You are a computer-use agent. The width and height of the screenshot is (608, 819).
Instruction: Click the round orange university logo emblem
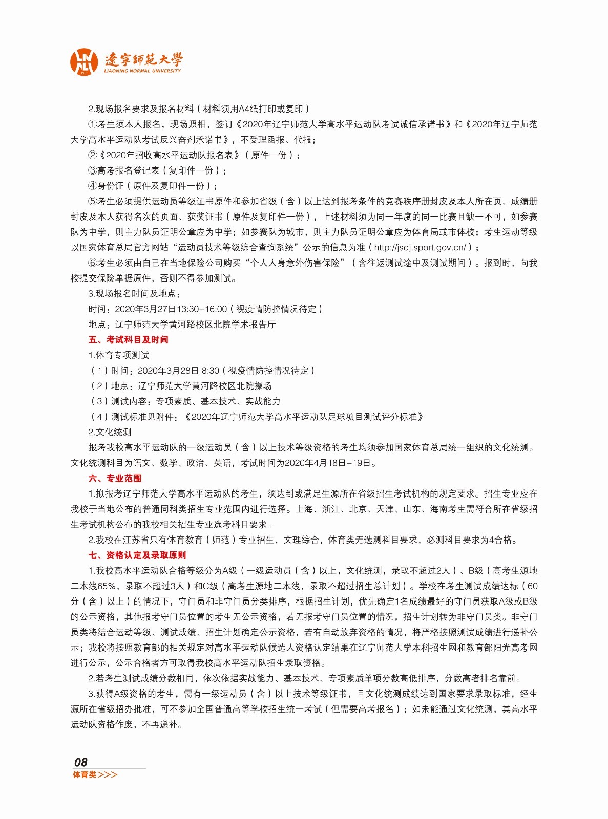tap(83, 62)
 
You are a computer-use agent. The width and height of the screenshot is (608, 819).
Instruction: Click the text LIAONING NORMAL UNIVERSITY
tap(142, 71)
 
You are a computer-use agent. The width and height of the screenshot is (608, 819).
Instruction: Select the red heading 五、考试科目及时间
tap(128, 340)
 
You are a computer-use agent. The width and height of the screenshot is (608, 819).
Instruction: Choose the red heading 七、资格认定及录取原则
tap(137, 555)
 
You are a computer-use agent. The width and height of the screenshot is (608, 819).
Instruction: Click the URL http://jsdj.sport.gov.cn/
tap(420, 248)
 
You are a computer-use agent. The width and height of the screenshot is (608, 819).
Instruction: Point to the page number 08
tap(80, 762)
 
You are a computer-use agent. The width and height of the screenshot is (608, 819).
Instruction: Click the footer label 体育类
tap(85, 775)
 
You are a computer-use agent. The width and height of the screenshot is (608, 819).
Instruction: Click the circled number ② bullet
tap(92, 155)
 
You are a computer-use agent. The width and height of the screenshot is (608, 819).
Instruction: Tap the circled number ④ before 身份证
tap(92, 186)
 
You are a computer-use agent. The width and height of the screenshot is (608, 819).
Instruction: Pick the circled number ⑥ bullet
tap(92, 263)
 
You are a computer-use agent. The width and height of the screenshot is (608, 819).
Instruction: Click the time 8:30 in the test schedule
tap(210, 371)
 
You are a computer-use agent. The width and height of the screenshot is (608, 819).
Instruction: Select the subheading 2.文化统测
tap(110, 433)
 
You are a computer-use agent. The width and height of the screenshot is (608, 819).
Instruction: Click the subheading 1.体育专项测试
tap(118, 355)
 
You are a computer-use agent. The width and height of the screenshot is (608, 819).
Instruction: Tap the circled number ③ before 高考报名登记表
tap(92, 170)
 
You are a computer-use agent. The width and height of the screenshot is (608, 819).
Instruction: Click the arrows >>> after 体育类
tap(108, 775)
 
